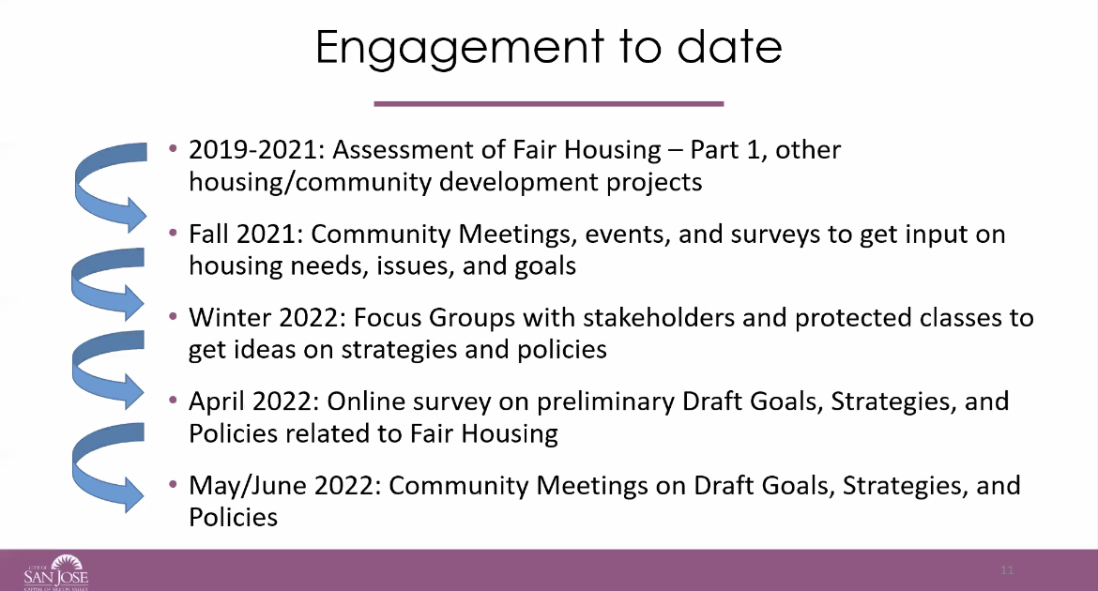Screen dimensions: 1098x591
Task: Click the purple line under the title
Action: (548, 103)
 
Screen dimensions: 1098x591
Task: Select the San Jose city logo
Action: (56, 572)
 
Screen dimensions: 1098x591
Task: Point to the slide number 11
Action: (1007, 570)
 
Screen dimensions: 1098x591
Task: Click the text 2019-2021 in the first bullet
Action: (256, 150)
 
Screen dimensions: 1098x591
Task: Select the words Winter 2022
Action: (267, 318)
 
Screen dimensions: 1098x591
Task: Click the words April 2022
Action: (254, 402)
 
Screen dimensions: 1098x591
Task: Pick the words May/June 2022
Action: (285, 486)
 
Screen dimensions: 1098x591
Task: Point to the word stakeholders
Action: (659, 318)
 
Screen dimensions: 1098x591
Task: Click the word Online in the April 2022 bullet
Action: (366, 402)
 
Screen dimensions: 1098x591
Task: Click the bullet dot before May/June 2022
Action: (173, 484)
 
